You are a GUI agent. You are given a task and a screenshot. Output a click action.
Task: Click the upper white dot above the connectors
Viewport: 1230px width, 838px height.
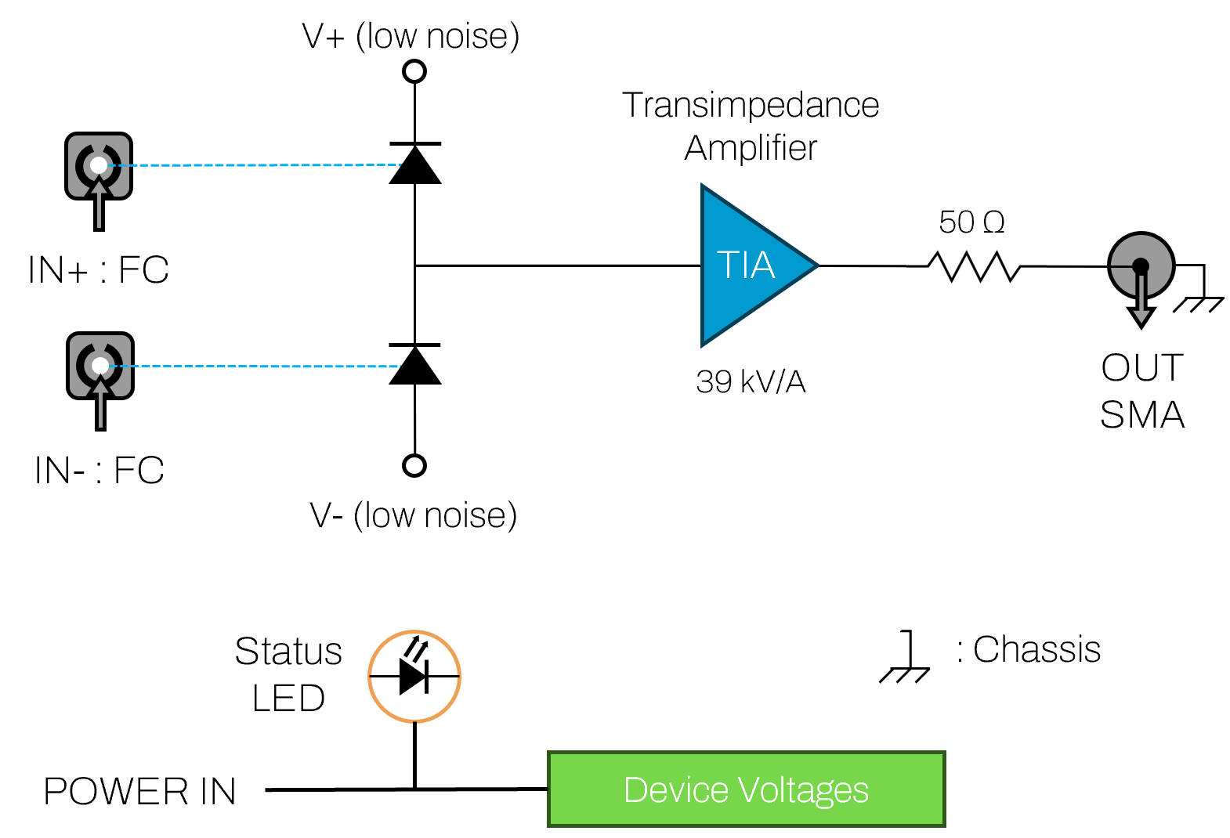[x=414, y=71]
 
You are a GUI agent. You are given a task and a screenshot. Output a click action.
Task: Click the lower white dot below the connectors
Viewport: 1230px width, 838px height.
[x=414, y=466]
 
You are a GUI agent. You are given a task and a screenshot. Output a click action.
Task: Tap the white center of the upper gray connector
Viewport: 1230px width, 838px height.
[x=99, y=165]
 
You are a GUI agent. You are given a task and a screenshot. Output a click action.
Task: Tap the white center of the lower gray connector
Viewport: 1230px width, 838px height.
[x=100, y=366]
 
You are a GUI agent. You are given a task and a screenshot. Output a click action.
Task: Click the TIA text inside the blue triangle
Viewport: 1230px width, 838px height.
[x=745, y=265]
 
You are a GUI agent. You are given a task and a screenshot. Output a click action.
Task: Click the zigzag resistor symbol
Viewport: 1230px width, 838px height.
[x=976, y=266]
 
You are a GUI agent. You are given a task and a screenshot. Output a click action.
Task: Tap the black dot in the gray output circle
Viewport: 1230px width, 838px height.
[x=1141, y=265]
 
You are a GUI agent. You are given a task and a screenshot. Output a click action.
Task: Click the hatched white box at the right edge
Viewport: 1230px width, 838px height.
[x=1203, y=306]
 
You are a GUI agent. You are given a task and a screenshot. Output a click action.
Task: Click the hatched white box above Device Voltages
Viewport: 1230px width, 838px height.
[x=910, y=677]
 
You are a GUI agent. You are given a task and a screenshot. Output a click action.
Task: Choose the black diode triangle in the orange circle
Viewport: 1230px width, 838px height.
[x=411, y=677]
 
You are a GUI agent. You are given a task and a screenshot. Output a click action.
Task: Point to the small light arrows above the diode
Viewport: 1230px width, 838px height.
[x=417, y=648]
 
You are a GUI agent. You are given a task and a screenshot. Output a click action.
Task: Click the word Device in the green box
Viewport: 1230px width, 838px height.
[x=675, y=790]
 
